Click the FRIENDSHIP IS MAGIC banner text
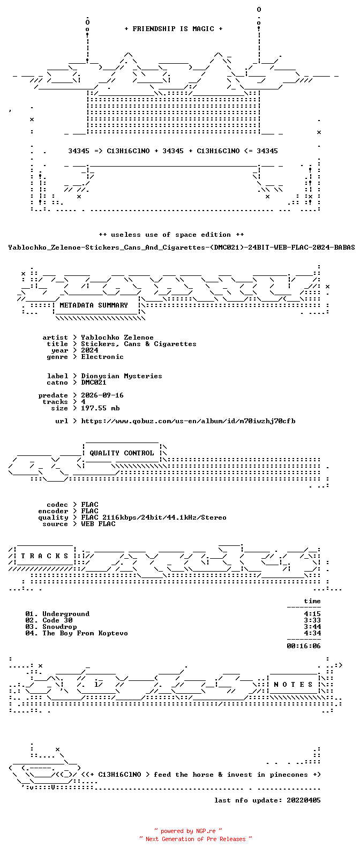tap(174, 29)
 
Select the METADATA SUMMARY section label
tap(94, 305)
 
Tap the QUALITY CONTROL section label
tap(122, 453)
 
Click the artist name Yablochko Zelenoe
tap(117, 337)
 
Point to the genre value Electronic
tap(102, 357)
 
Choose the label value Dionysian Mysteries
tap(122, 376)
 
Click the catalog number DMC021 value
tap(94, 382)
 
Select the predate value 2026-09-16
tap(102, 395)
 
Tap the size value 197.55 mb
tap(100, 408)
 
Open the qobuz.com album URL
tap(188, 421)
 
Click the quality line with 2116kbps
tap(153, 517)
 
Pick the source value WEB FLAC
tap(98, 524)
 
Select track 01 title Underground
tap(66, 614)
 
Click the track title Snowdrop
tap(59, 627)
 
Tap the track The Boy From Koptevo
tap(85, 633)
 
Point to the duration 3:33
tap(312, 620)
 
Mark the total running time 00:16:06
tap(304, 646)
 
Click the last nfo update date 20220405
tap(304, 800)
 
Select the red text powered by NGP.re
tap(188, 831)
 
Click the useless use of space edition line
tap(171, 235)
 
